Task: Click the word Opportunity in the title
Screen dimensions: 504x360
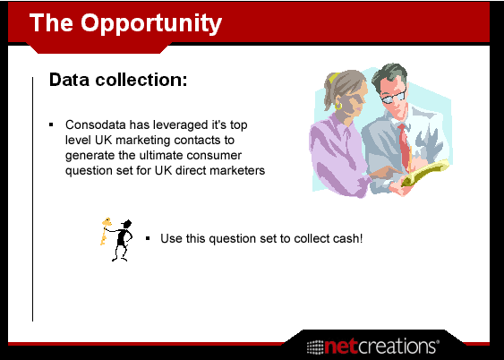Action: click(x=151, y=24)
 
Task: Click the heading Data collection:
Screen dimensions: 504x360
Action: click(x=118, y=80)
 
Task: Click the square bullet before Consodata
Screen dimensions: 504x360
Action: click(x=51, y=124)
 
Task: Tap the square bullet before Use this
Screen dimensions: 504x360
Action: click(x=148, y=238)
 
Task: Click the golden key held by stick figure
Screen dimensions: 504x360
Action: click(x=105, y=231)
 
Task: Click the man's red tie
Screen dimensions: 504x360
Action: click(x=405, y=144)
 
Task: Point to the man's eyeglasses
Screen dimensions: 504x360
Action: click(x=394, y=97)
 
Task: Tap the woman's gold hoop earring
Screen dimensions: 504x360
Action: click(x=338, y=106)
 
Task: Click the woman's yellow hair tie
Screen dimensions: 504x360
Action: click(x=334, y=77)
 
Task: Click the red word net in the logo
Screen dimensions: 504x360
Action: click(x=341, y=347)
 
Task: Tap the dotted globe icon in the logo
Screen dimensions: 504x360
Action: click(x=315, y=347)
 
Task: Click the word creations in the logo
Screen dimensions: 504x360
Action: click(x=397, y=347)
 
